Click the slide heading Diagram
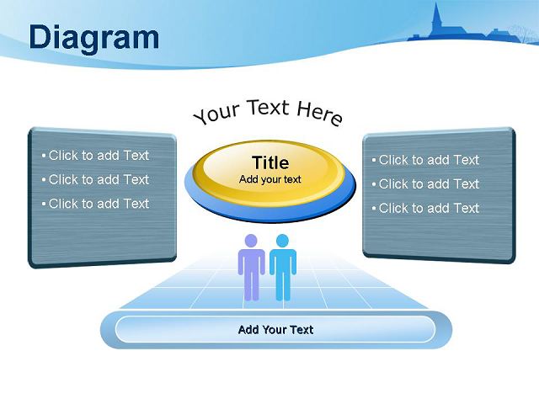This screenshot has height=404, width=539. coord(94,38)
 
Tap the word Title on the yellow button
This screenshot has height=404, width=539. coord(270,162)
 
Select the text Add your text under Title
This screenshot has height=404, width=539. coord(270,179)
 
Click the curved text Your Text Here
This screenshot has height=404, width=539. coord(268,112)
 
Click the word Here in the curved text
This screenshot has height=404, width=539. coord(320,114)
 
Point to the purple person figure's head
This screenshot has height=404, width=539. coord(251,241)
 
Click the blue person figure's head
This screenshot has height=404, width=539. coord(282,241)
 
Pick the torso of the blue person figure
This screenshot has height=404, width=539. coord(283,262)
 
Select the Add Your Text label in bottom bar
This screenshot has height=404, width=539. coord(275,330)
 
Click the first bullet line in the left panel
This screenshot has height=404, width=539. coord(95,155)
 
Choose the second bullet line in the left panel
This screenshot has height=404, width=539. coord(95,179)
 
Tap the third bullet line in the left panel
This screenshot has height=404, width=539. coord(95,204)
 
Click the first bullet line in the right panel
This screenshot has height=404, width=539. coord(425,160)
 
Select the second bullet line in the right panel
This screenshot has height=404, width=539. coord(425,183)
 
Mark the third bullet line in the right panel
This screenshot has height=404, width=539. coord(425,208)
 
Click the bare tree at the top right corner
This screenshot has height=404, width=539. coord(522,34)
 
